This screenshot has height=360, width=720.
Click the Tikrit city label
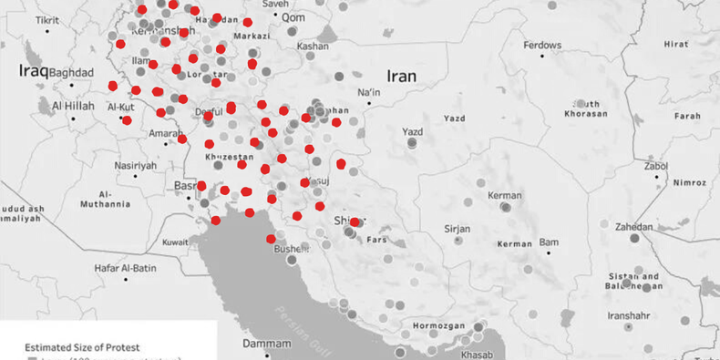coord(46,19)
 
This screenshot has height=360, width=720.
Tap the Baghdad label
coord(72,73)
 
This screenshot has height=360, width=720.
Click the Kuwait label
coord(175,242)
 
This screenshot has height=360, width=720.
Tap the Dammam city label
coord(267,344)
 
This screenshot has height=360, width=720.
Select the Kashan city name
coord(313,46)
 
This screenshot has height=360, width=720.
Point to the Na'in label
coord(368,92)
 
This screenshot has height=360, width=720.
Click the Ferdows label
coord(543,45)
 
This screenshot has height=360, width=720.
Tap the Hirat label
coord(676,44)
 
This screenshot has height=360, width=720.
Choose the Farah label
coord(686,116)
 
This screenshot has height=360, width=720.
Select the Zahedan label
coord(634,227)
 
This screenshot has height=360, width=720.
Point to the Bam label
coord(549,242)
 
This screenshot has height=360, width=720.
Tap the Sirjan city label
coord(457,228)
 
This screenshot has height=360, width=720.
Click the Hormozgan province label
coord(440,324)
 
